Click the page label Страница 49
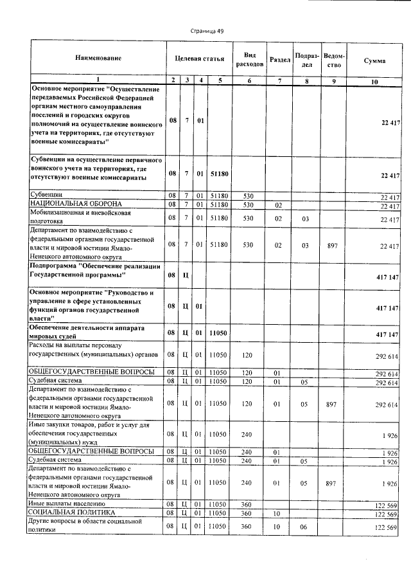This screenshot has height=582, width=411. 206,30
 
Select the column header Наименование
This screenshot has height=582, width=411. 98,59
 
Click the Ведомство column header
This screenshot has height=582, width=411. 333,60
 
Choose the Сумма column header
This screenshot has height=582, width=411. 374,60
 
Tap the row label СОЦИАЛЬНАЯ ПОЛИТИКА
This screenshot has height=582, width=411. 72,513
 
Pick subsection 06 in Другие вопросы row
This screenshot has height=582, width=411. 305,527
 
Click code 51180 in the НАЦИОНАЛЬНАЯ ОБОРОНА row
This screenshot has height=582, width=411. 219,205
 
